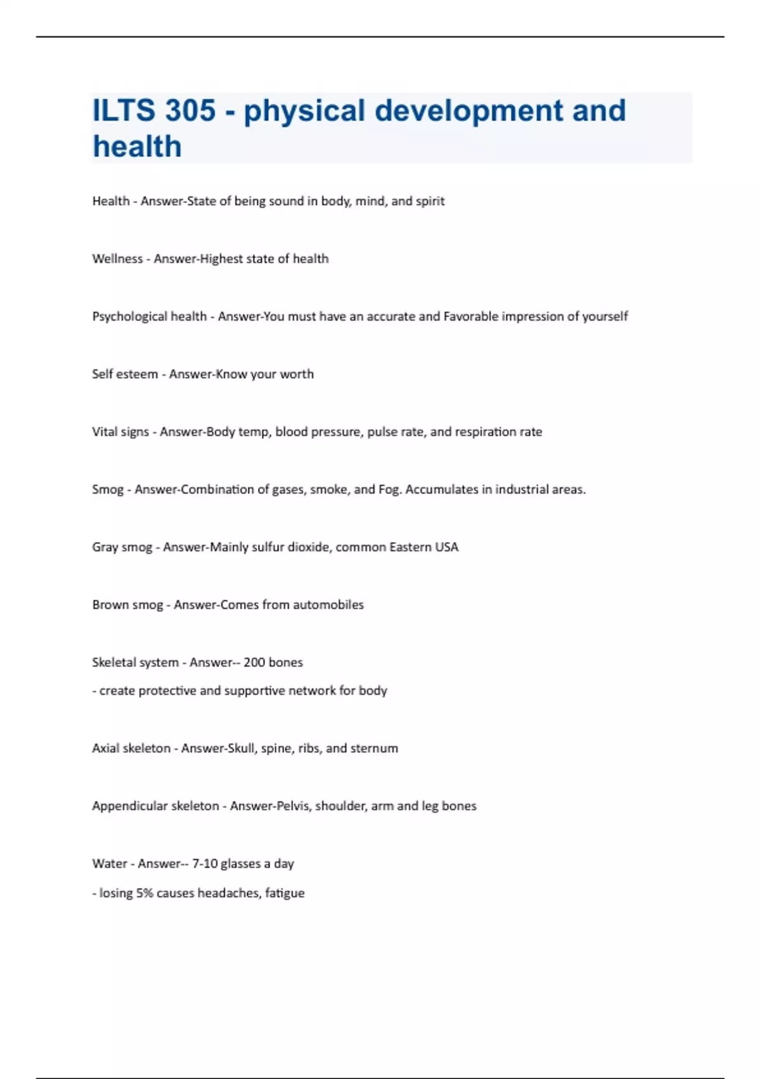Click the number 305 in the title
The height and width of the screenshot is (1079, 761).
click(x=190, y=110)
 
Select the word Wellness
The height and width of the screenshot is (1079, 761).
click(x=117, y=258)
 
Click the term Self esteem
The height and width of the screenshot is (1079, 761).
click(x=125, y=374)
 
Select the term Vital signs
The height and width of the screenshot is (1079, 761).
click(x=120, y=432)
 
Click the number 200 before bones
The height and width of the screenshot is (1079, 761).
click(x=254, y=662)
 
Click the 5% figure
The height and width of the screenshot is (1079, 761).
click(x=145, y=893)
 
